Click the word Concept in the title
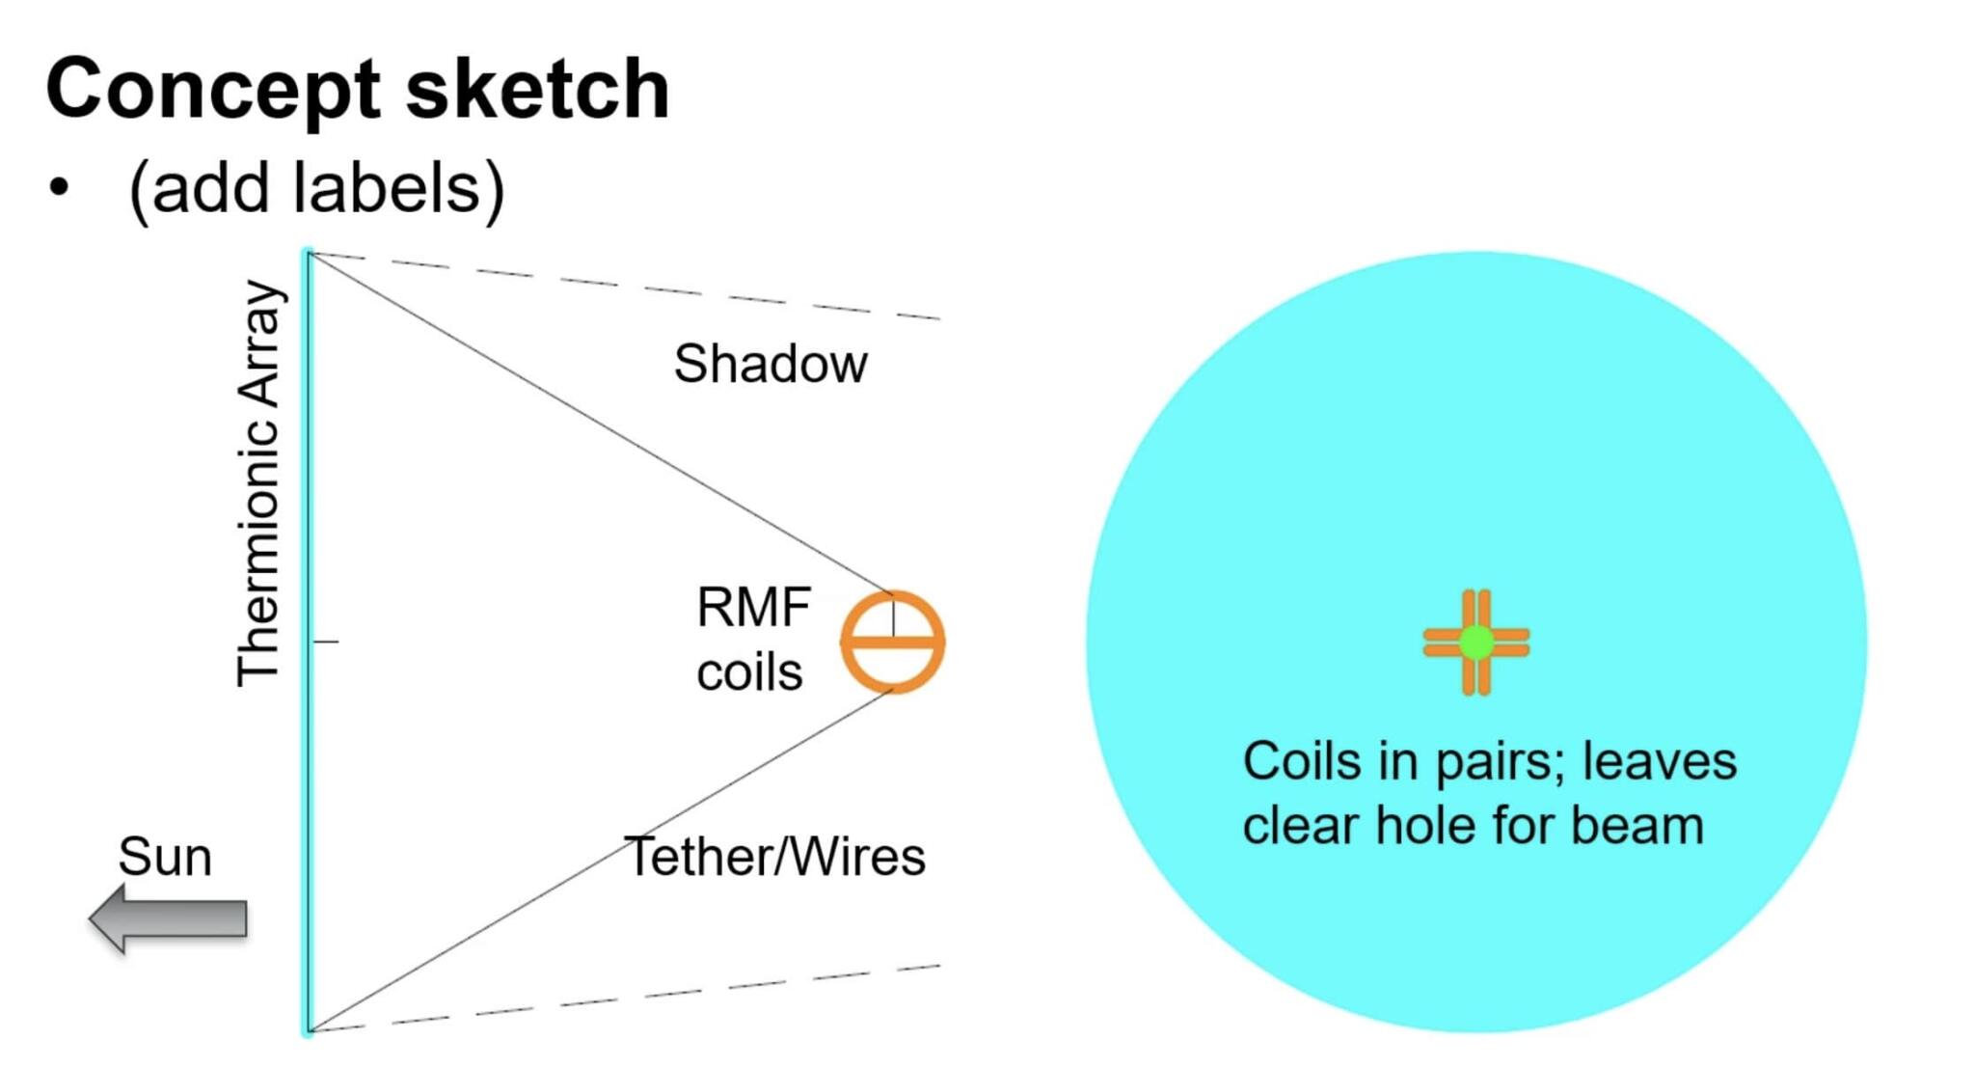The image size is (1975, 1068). pos(213,90)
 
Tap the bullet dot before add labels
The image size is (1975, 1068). pos(60,186)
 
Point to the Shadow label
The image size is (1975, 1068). pos(770,364)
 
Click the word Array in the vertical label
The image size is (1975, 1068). pos(258,342)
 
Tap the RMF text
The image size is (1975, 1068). pos(753,607)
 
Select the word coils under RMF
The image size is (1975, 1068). pos(749,671)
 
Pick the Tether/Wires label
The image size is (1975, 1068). pos(774,856)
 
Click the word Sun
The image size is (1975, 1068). pos(165,856)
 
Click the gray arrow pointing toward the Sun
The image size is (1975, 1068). pos(169,917)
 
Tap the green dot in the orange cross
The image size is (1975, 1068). pos(1475,642)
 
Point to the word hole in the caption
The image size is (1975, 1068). pos(1427,826)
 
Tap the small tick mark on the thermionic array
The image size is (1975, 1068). pos(326,641)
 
